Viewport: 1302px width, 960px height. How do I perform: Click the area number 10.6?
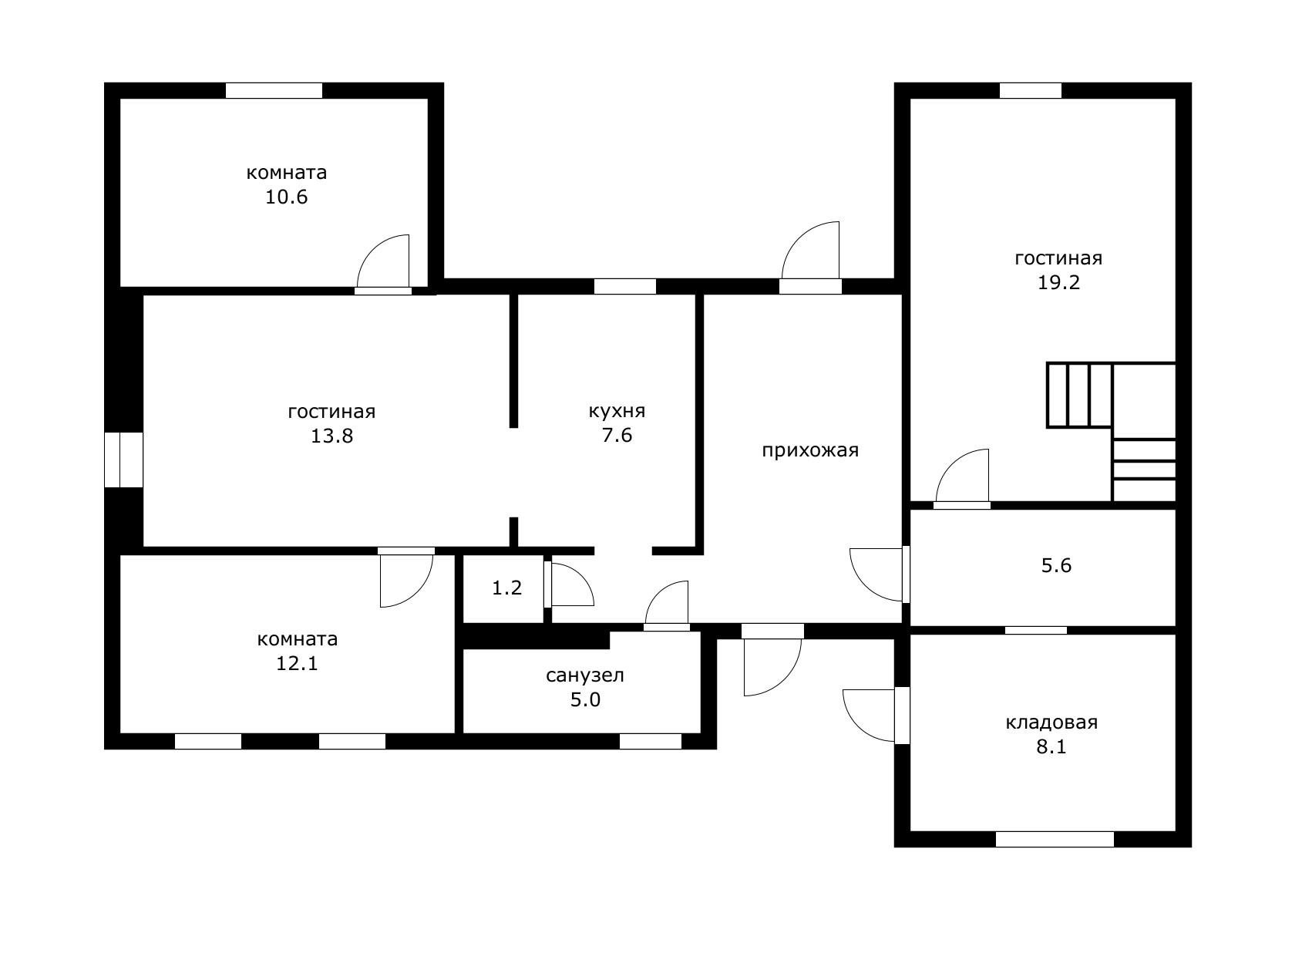pos(287,197)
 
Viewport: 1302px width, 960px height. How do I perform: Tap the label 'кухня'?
pos(617,411)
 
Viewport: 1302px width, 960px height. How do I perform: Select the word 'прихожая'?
pos(810,450)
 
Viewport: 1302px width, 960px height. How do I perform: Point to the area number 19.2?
pos(1059,282)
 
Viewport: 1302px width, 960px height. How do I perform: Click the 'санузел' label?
pos(585,675)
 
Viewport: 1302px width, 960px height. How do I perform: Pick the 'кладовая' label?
pos(1052,723)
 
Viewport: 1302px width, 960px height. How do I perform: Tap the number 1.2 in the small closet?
pos(507,588)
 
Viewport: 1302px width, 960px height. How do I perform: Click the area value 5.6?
pos(1057,566)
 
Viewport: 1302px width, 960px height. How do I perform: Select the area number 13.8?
pos(332,436)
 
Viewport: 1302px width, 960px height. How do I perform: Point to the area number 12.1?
pos(297,663)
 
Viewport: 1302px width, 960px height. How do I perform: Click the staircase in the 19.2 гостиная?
pos(1112,432)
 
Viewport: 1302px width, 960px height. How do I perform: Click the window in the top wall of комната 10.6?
pos(274,91)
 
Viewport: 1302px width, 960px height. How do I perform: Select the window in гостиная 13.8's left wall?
pos(124,460)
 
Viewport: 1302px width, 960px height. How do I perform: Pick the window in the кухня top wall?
pos(625,287)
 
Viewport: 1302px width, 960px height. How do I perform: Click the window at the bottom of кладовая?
pos(1055,840)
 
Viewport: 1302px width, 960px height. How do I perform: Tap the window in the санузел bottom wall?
pos(651,741)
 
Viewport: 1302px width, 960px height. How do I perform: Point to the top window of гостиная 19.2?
pos(1031,91)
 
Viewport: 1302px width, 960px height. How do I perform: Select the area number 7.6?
pos(617,436)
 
